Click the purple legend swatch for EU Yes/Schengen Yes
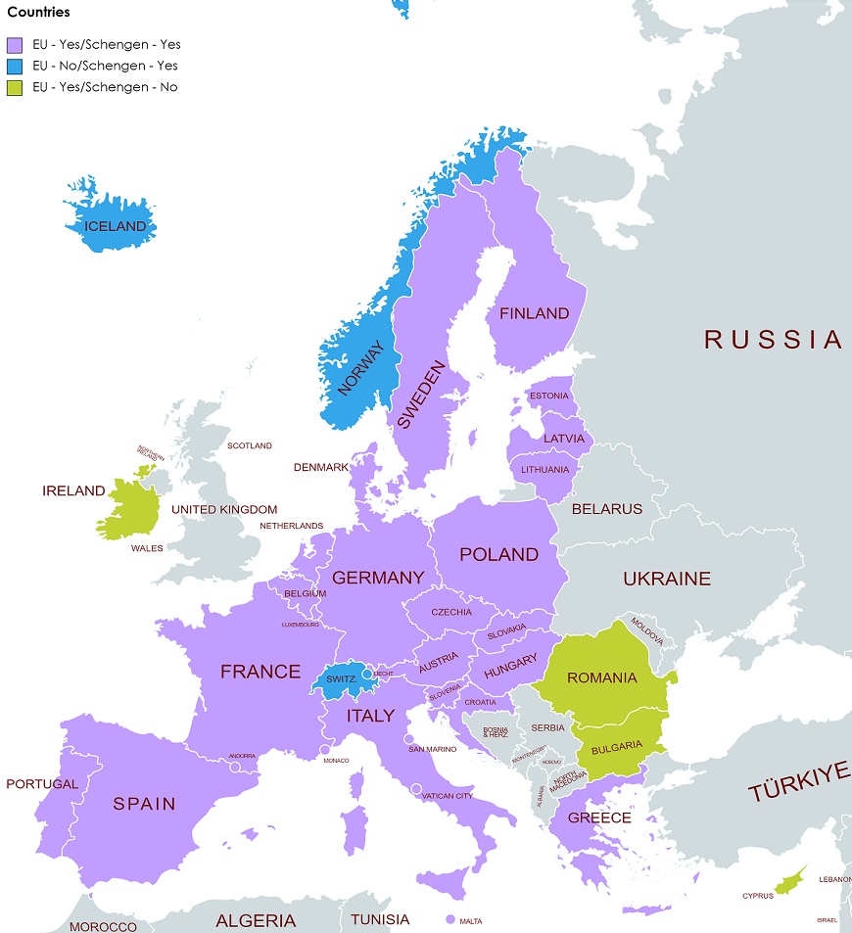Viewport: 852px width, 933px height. tap(14, 44)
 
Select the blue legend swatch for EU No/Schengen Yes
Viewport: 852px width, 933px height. tap(14, 66)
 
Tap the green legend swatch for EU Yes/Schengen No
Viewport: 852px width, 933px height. tap(14, 87)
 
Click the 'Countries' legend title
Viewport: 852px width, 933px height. tap(38, 13)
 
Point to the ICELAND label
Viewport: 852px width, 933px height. tap(115, 226)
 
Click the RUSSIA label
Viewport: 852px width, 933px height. tap(773, 340)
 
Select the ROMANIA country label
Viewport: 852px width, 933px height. tap(601, 677)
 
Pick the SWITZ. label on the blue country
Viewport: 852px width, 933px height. tap(340, 677)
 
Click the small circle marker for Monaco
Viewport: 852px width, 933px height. tap(324, 751)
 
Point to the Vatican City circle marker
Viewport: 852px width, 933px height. tap(416, 788)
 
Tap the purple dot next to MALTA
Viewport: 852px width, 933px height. tap(450, 920)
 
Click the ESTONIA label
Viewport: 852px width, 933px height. tap(548, 396)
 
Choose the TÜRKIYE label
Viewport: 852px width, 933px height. tap(799, 780)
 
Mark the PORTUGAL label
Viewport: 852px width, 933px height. tap(41, 784)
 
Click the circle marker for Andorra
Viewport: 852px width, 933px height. tap(235, 768)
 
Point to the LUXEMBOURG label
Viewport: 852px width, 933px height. tap(301, 624)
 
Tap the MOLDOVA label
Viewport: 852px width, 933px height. tap(646, 630)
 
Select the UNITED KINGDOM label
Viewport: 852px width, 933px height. tap(224, 509)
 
